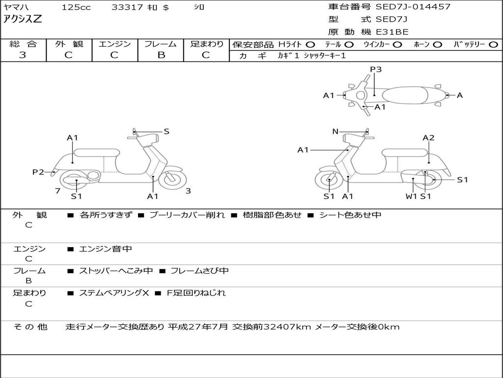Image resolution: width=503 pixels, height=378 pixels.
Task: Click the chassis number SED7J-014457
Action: coord(413,7)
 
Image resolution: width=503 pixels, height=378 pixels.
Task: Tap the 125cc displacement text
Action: coord(76,7)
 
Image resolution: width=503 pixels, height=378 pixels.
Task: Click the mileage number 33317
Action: coord(127,7)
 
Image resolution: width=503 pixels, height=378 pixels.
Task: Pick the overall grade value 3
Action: coord(23,55)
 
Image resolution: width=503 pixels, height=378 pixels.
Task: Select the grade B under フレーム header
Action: coord(161,55)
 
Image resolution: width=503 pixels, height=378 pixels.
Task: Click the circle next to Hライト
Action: coord(310,45)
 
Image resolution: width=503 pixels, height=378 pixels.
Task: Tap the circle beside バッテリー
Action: coord(493,45)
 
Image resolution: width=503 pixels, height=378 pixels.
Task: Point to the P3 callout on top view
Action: coord(376,69)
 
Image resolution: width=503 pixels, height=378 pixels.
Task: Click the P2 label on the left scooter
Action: coord(38,172)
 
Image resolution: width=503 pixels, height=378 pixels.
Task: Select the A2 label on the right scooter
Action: coord(428,138)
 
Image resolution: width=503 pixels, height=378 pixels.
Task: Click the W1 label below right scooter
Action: coord(411,196)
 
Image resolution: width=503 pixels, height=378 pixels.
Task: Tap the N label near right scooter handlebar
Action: coord(335,131)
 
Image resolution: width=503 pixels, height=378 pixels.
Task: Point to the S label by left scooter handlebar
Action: coord(166,131)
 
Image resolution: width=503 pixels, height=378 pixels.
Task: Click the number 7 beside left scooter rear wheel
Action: coord(58,191)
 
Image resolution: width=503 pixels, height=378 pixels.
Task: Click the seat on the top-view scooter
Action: coord(405,95)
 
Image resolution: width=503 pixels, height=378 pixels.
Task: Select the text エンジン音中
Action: coord(106,249)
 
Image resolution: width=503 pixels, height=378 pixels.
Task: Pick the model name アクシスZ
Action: coord(23,19)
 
